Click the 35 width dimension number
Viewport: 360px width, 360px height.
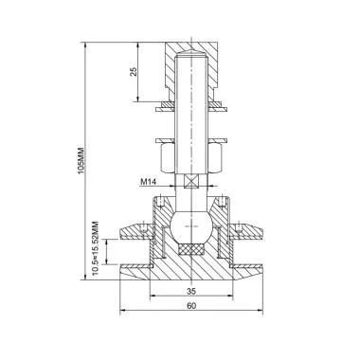[x=191, y=293]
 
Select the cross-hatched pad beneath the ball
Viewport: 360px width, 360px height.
[x=193, y=249]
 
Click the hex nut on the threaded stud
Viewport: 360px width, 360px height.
[x=193, y=154]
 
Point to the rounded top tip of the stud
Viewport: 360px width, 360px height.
[x=193, y=56]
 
